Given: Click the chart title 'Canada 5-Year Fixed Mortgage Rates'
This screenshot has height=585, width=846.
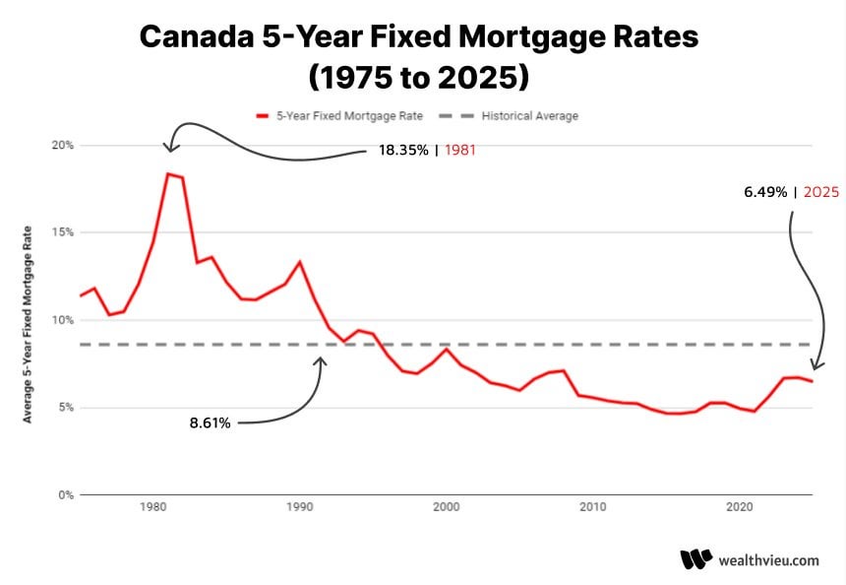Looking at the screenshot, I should click(x=418, y=36).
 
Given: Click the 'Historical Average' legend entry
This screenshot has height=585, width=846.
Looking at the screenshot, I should click(x=529, y=116).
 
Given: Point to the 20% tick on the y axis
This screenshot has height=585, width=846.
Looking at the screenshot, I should click(x=63, y=145).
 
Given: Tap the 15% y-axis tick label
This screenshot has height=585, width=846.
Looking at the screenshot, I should click(x=63, y=232).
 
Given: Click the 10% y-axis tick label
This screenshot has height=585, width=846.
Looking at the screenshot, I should click(x=63, y=320).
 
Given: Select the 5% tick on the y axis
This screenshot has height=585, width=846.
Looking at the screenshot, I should click(x=65, y=408).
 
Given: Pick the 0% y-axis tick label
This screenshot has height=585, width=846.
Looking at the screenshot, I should click(x=65, y=495).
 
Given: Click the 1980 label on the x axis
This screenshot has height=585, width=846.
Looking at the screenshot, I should click(x=152, y=507).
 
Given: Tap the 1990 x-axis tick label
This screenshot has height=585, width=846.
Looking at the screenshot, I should click(x=299, y=507).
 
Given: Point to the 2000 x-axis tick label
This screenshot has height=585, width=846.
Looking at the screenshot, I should click(x=446, y=507).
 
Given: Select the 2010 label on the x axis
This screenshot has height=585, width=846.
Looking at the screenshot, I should click(x=592, y=507).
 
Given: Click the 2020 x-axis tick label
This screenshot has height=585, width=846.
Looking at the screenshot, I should click(x=739, y=507).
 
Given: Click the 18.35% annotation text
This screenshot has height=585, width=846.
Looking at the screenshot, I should click(x=403, y=151).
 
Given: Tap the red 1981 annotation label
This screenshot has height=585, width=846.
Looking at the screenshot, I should click(x=462, y=151).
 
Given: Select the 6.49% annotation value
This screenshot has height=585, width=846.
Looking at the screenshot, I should click(x=765, y=193).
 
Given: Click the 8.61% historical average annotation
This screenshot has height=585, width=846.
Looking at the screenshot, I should click(x=210, y=423).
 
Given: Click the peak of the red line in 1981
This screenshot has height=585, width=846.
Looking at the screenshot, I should click(x=167, y=173).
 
